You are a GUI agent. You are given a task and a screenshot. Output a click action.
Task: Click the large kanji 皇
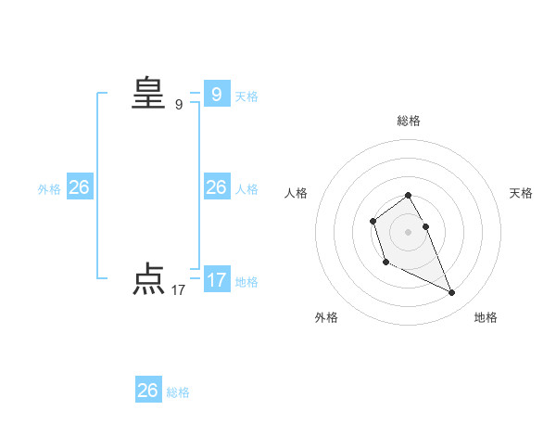[x=147, y=94]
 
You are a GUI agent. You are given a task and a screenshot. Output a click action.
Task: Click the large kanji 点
[x=147, y=279]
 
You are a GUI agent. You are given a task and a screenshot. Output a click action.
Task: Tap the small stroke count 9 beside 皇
[x=179, y=105]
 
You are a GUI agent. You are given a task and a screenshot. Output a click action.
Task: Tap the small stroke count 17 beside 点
[x=179, y=290]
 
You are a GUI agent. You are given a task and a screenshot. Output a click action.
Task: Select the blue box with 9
[x=217, y=95]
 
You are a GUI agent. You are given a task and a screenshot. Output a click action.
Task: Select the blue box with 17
[x=217, y=280]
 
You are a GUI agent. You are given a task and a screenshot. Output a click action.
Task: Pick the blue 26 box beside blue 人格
[x=217, y=187]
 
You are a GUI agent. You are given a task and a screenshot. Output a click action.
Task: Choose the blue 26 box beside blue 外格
[x=80, y=187]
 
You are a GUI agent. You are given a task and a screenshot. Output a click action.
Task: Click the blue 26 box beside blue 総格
[x=148, y=391]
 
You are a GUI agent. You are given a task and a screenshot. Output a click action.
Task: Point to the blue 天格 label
[x=246, y=96]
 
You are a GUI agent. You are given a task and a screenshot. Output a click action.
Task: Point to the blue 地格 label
[x=246, y=282]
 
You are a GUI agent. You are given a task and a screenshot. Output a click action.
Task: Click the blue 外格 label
[x=49, y=189]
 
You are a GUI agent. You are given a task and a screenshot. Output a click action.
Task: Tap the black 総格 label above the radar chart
[x=409, y=121]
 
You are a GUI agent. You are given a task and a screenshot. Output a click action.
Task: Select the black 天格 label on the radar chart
[x=521, y=193]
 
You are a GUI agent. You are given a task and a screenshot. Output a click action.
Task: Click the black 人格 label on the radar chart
[x=297, y=193]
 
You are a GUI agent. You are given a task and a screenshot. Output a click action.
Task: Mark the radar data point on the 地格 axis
[x=452, y=293]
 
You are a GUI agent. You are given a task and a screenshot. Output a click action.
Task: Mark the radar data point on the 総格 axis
[x=409, y=195]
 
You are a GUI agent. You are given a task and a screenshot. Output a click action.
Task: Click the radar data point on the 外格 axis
[x=385, y=263]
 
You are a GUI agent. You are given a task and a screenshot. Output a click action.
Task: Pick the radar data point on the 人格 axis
[x=373, y=221]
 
